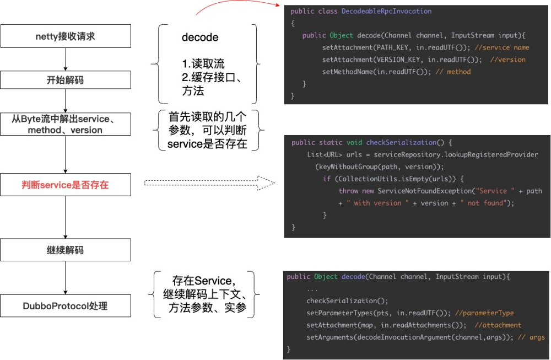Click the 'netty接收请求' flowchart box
coord(65,36)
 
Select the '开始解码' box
coord(65,80)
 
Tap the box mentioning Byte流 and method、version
coord(65,125)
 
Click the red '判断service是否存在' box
coord(65,185)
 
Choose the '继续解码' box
coord(65,250)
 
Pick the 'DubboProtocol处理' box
coord(65,306)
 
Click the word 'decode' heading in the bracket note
coord(200,37)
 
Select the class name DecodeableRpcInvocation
coord(386,11)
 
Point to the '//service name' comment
coord(501,47)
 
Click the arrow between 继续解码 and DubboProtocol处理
coord(66,278)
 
